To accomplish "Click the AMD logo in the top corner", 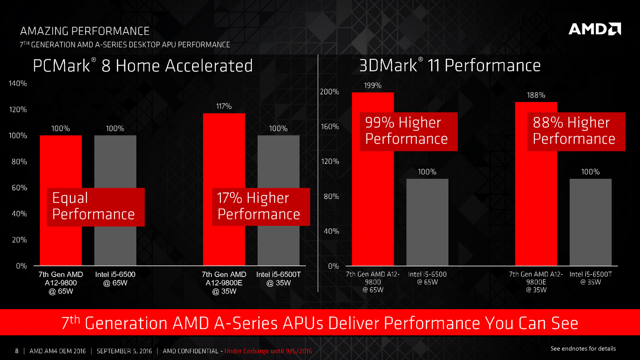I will pyautogui.click(x=594, y=29).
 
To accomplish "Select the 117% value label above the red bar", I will pyautogui.click(x=224, y=106).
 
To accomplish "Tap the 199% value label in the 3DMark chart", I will pyautogui.click(x=373, y=86).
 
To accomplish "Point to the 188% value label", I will pyautogui.click(x=536, y=95).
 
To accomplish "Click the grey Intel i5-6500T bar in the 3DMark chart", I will pyautogui.click(x=590, y=222).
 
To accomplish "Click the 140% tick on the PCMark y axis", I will pyautogui.click(x=18, y=83).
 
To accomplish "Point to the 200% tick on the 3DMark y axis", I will pyautogui.click(x=329, y=91).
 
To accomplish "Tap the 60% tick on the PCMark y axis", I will pyautogui.click(x=19, y=188).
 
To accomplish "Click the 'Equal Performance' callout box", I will pyautogui.click(x=95, y=207).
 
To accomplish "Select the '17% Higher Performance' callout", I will pyautogui.click(x=261, y=207).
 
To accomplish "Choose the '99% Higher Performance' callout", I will pyautogui.click(x=408, y=131).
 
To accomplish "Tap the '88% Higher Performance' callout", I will pyautogui.click(x=576, y=131).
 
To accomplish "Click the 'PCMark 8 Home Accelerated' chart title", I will pyautogui.click(x=143, y=66).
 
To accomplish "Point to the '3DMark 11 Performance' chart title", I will pyautogui.click(x=450, y=66).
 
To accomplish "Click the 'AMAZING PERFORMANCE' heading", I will pyautogui.click(x=85, y=31).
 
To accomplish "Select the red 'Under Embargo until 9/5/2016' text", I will pyautogui.click(x=268, y=351).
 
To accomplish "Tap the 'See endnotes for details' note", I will pyautogui.click(x=583, y=349).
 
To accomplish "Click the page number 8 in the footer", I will pyautogui.click(x=17, y=351).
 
